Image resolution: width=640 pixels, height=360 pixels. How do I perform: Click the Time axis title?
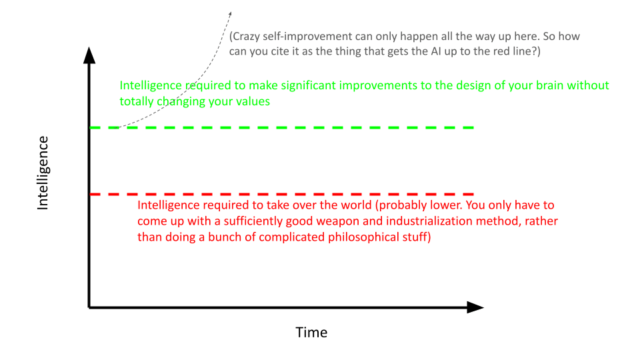pos(311,332)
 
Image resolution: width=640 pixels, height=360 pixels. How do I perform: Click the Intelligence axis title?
pos(43,173)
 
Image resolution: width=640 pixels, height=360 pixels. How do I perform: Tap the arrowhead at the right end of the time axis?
pos(475,307)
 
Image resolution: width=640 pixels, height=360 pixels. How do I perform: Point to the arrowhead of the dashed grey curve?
pos(230,14)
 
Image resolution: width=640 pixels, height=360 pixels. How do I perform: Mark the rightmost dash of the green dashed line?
pos(463,127)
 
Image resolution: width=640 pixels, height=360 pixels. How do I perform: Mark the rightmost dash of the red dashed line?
pos(463,194)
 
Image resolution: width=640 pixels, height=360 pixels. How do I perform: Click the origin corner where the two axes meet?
pos(89,307)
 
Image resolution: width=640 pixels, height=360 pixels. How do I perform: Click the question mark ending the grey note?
pos(537,51)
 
